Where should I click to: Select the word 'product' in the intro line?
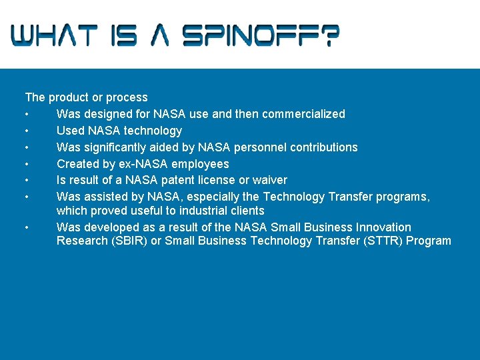(x=69, y=97)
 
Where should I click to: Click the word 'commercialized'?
(x=303, y=114)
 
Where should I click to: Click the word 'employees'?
(x=199, y=164)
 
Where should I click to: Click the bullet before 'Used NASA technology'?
(x=27, y=131)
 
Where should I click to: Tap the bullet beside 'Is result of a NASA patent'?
(x=27, y=181)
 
